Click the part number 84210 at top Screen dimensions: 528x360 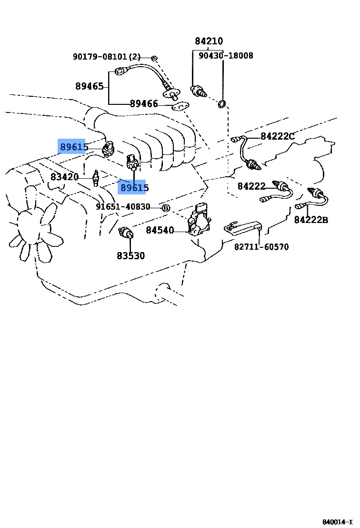click(x=209, y=41)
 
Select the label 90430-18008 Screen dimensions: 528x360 click(x=226, y=56)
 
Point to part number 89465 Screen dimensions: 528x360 click(x=90, y=86)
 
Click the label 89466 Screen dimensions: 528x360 click(x=144, y=103)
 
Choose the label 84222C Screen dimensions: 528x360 click(x=278, y=137)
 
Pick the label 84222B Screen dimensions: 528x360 click(x=311, y=220)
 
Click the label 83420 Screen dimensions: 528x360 click(x=65, y=177)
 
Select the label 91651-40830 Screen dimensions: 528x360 click(x=123, y=207)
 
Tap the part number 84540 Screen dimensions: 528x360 click(x=160, y=230)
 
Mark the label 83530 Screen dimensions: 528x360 click(x=130, y=255)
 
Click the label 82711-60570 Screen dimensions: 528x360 click(x=261, y=247)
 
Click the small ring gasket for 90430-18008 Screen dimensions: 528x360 click(x=222, y=103)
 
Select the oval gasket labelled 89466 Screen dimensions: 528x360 click(x=180, y=106)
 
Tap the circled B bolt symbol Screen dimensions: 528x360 click(x=166, y=208)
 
